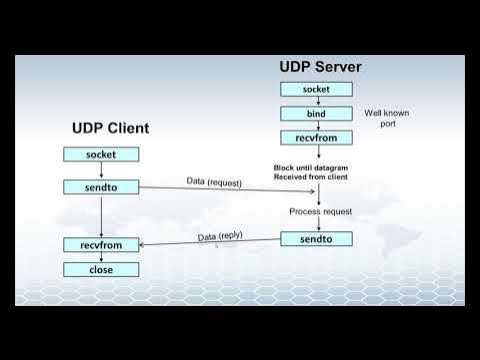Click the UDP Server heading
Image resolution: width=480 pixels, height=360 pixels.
(320, 67)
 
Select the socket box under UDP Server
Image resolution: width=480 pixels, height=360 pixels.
(316, 90)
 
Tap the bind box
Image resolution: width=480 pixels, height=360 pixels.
(316, 113)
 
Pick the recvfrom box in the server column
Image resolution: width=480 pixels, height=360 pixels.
(316, 137)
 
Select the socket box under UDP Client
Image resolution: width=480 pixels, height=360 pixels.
(101, 154)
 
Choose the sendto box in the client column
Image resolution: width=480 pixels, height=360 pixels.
(101, 187)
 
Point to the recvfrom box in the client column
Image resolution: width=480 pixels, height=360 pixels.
(101, 245)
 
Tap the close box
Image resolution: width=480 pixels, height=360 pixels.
(101, 269)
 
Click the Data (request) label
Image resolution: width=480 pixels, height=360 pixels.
(214, 181)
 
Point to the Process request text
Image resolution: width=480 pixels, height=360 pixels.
(320, 212)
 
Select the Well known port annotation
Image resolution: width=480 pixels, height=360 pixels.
(386, 119)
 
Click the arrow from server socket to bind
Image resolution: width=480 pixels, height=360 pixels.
(316, 101)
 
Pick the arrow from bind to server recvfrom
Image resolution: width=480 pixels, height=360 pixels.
(316, 125)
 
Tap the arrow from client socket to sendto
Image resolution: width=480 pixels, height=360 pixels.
(101, 170)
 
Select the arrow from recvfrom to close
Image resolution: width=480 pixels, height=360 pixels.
(101, 257)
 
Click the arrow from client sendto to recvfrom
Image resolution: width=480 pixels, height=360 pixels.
(101, 216)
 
